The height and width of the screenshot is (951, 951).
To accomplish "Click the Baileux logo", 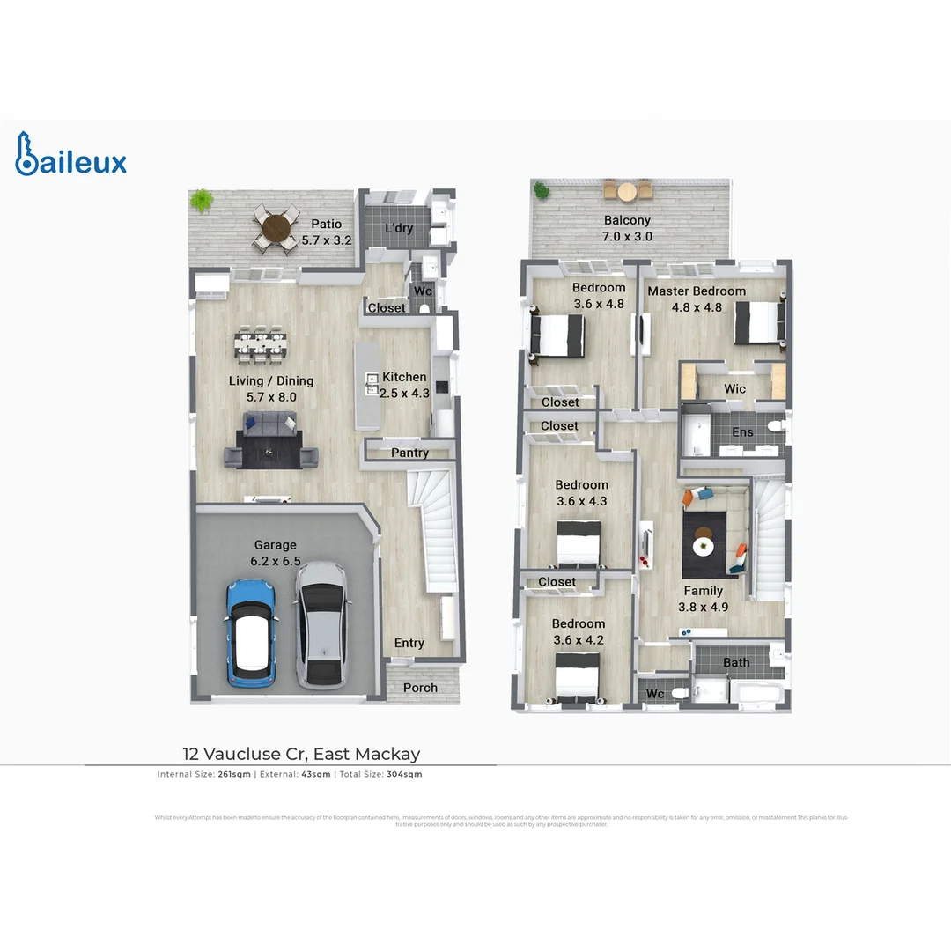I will pos(70,155).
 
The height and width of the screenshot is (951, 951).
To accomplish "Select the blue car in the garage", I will pos(250,632).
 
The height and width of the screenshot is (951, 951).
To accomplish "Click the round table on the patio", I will pos(276,230).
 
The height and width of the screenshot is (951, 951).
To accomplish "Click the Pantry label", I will pos(409,453).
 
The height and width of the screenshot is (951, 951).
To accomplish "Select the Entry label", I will pos(409,643).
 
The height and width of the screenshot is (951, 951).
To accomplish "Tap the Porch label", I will pos(420,688).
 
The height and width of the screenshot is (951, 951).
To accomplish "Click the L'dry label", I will pos(399,228).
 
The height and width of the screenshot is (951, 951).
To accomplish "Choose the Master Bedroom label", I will pos(697,291).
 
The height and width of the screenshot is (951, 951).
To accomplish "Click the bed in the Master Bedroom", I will pos(757,323).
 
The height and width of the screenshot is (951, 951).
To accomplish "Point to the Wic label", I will pos(734,388).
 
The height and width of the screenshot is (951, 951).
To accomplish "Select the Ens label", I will pos(742,432).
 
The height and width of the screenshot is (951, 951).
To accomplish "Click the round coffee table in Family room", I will pos(704,546).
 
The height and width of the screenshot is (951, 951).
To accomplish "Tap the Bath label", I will pos(736,662).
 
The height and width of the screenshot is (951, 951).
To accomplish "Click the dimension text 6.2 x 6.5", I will pos(276,561).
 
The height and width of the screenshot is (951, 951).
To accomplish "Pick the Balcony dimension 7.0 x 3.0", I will pos(627,237).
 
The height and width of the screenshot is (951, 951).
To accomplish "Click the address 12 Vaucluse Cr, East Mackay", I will pos(301,754).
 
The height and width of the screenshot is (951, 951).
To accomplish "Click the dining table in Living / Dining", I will pos(262,344).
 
